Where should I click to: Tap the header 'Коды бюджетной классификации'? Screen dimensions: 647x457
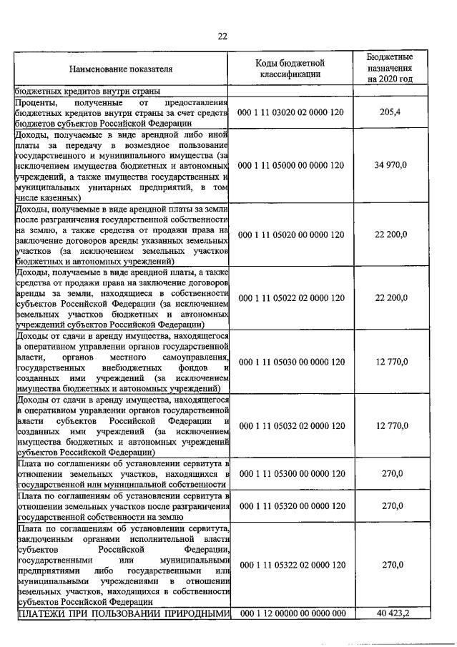[x=292, y=69]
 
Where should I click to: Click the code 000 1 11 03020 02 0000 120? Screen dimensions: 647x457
[x=292, y=113]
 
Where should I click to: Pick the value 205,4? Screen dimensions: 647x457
[x=390, y=113]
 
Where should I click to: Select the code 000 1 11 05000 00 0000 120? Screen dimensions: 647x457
[x=292, y=165]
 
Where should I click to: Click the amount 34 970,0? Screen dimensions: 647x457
[x=390, y=165]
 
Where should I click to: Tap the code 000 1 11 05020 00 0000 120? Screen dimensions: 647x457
[x=292, y=234]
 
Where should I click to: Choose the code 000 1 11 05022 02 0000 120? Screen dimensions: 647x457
[x=292, y=297]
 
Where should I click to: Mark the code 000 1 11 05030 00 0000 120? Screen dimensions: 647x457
[x=292, y=362]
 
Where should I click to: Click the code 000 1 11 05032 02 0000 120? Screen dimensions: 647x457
[x=292, y=425]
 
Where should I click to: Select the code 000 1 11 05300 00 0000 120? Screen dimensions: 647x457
[x=292, y=473]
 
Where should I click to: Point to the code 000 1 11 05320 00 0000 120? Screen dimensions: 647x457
[x=292, y=505]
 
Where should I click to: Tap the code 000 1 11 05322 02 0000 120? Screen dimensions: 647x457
[x=292, y=565]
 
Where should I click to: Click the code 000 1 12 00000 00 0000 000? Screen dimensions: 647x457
[x=292, y=613]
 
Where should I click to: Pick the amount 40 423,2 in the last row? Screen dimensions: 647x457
[x=390, y=613]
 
